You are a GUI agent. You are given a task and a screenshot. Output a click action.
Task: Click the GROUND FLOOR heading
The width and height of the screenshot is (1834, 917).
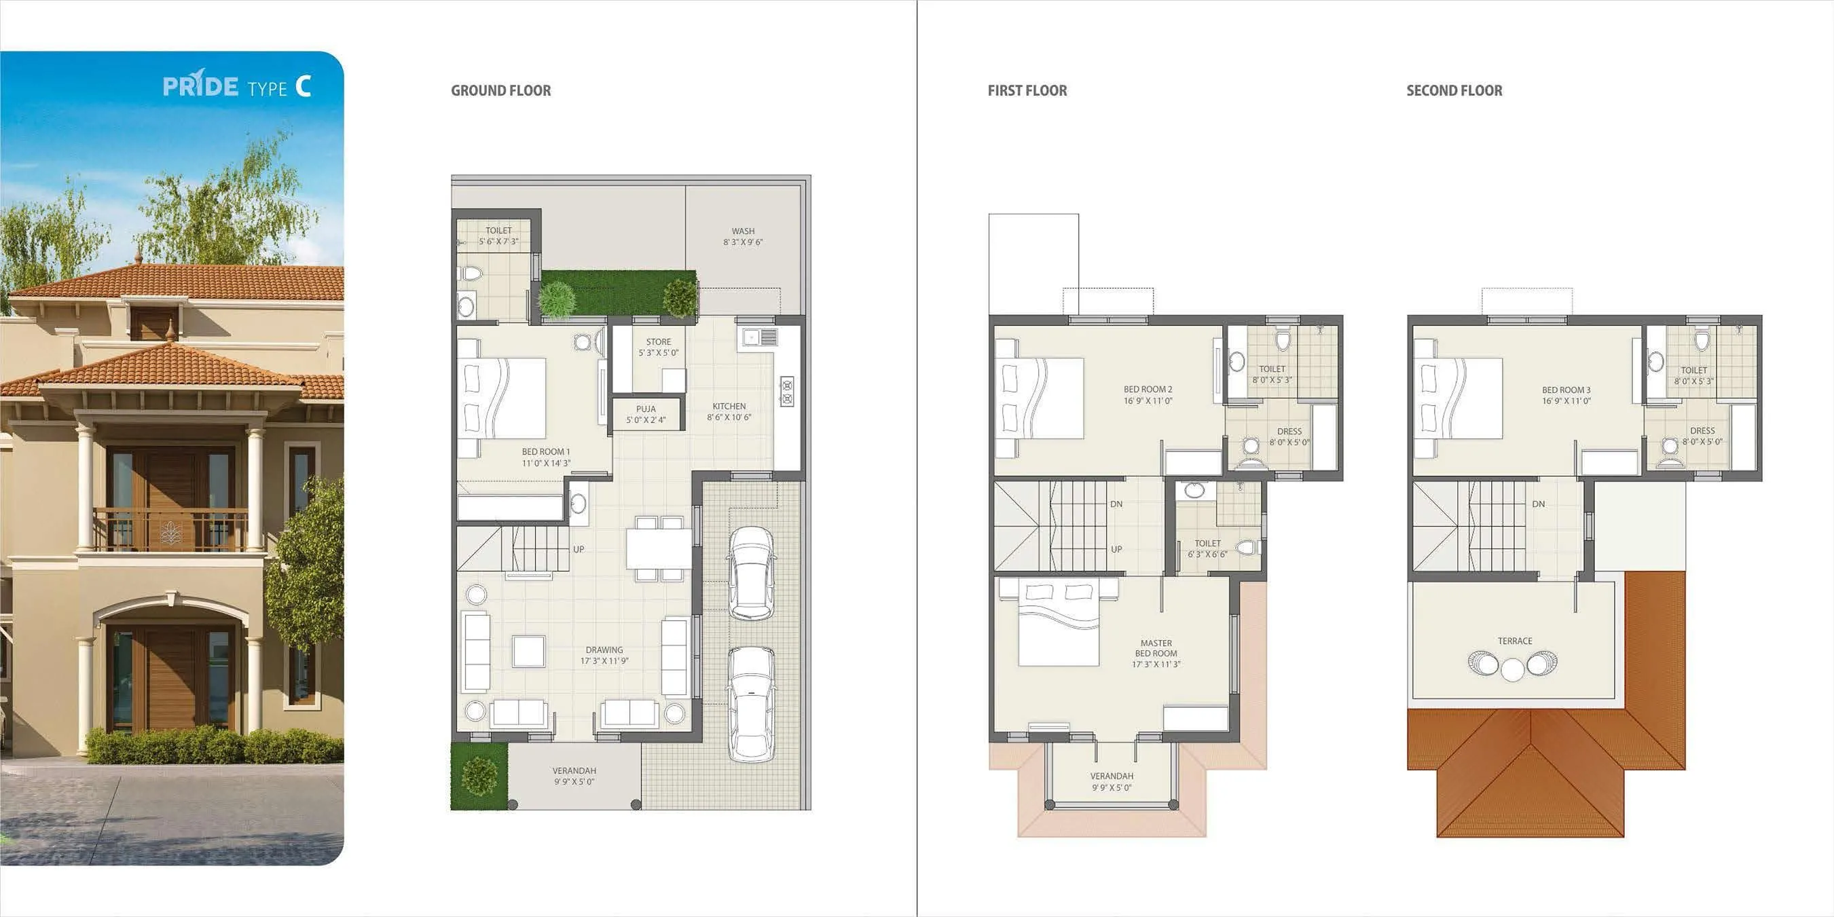[x=500, y=90]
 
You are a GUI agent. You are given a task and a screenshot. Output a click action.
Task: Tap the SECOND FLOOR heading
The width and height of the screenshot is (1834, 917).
[x=1454, y=90]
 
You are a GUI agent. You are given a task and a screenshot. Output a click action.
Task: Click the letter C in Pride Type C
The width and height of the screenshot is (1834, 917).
[x=304, y=86]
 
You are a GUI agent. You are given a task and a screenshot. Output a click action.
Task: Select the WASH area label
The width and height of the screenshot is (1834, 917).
[x=743, y=231]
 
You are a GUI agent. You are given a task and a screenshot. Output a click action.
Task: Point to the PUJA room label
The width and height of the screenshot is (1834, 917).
[x=646, y=409]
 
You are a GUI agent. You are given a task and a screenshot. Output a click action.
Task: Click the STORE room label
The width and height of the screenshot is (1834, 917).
[x=658, y=341]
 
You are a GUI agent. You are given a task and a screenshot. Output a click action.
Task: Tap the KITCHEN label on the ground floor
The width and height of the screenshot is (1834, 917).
[x=729, y=406]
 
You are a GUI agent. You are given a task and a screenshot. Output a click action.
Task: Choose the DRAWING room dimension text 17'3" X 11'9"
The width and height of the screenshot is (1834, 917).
[x=604, y=661]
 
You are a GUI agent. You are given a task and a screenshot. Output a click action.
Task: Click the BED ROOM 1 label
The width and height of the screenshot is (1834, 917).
[x=545, y=452]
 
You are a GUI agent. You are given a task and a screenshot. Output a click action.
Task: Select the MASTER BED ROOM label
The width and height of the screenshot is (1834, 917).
[x=1156, y=648]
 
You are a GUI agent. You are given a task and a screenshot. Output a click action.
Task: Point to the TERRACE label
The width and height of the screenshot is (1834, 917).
[x=1514, y=641]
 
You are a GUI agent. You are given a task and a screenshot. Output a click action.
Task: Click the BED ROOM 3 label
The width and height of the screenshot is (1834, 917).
[x=1566, y=390]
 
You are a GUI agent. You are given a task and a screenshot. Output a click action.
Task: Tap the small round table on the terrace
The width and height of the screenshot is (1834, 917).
[x=1512, y=669]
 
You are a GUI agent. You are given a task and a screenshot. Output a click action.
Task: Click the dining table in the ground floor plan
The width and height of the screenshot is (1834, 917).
[x=659, y=548]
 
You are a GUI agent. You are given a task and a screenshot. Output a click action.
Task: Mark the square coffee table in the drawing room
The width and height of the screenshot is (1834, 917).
[x=528, y=651]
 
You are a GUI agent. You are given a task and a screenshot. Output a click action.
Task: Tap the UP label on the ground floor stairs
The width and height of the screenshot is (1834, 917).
[x=578, y=549]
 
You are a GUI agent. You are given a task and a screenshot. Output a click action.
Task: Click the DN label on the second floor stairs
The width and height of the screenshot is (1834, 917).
[x=1538, y=504]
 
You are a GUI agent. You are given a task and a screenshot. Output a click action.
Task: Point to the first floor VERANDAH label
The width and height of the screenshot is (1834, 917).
[x=1112, y=776]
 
